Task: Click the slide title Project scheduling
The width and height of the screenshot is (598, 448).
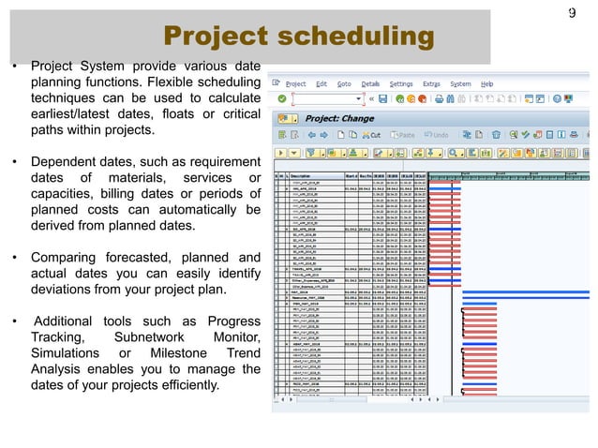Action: [299, 37]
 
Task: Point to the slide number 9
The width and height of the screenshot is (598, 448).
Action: [572, 13]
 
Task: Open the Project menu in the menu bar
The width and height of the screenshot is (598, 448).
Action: [295, 83]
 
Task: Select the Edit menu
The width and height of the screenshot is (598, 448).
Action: [324, 83]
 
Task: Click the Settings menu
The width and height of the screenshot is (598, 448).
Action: [401, 83]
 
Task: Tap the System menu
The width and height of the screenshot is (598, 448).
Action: [460, 83]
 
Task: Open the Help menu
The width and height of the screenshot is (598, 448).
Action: [487, 83]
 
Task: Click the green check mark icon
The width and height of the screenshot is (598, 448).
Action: [280, 97]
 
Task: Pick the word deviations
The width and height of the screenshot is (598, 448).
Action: [65, 290]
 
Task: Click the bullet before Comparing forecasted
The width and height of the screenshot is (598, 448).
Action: [15, 258]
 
